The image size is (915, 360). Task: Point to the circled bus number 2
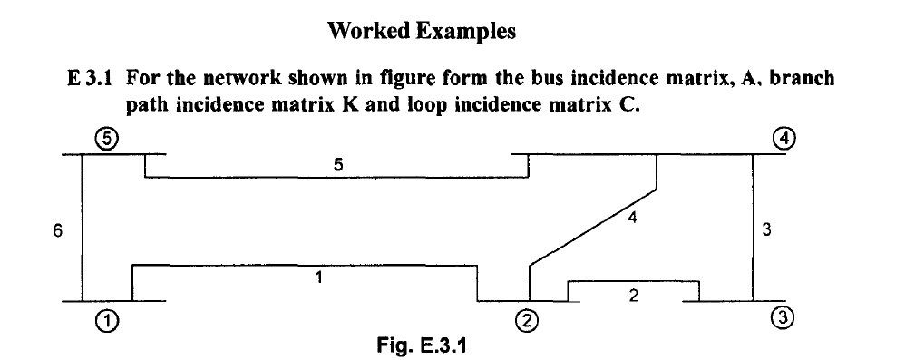(x=528, y=320)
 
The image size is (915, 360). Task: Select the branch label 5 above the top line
(x=337, y=164)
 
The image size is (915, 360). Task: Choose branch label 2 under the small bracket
(x=633, y=296)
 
